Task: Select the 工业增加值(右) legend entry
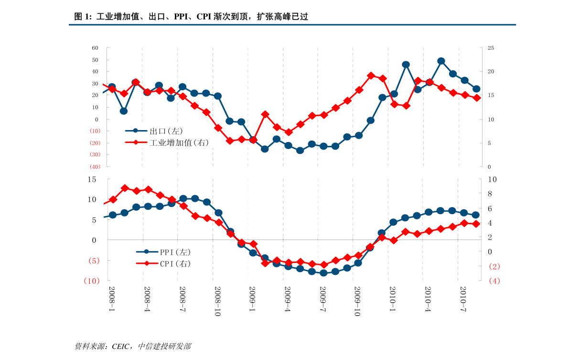click(x=179, y=142)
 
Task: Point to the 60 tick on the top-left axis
click(x=95, y=48)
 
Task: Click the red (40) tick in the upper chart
click(x=95, y=166)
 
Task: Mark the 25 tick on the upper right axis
click(x=491, y=48)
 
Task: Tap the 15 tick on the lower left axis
click(x=92, y=179)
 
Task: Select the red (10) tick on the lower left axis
click(x=92, y=281)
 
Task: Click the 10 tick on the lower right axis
click(x=493, y=179)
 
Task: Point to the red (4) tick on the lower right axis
click(x=494, y=281)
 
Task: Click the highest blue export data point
click(x=441, y=61)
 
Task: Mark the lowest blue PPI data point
click(x=323, y=273)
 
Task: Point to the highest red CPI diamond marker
click(x=125, y=188)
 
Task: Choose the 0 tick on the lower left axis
click(x=94, y=240)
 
